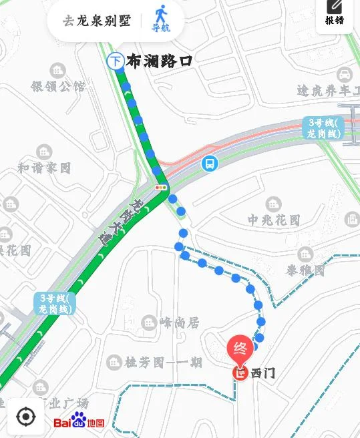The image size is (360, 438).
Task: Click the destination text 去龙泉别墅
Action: (x=97, y=21)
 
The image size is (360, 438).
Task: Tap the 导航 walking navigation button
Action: (x=160, y=19)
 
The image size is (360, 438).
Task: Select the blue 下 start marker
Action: (x=116, y=61)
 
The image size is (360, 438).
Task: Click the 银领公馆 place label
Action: (x=58, y=86)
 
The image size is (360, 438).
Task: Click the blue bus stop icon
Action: (x=210, y=163)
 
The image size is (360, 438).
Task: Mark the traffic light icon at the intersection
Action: (x=160, y=188)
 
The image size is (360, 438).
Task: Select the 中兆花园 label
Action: (x=274, y=220)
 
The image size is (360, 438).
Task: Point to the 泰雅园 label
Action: (x=306, y=270)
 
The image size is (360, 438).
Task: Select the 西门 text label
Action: (x=262, y=373)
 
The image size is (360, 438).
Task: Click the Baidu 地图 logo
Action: (x=79, y=422)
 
